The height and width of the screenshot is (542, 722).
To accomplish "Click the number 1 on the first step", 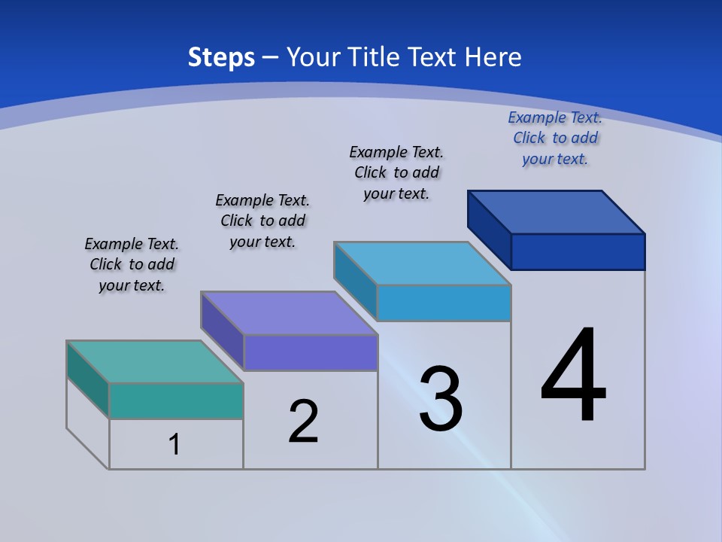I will pyautogui.click(x=174, y=444).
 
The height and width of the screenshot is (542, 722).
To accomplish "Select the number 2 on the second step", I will pyautogui.click(x=303, y=422).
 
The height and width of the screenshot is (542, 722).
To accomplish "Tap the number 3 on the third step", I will pyautogui.click(x=441, y=400).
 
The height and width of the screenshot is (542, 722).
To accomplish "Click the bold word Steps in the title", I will pyautogui.click(x=221, y=57).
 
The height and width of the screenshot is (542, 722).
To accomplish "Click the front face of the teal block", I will pyautogui.click(x=176, y=400).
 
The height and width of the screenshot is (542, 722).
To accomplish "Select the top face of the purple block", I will pyautogui.click(x=290, y=312).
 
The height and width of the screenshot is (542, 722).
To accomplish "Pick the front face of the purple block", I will pyautogui.click(x=310, y=352).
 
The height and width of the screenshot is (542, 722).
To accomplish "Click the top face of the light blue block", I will pyautogui.click(x=423, y=263).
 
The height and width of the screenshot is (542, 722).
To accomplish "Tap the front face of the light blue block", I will pyautogui.click(x=444, y=303).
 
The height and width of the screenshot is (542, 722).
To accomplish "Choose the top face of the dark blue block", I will pyautogui.click(x=557, y=212).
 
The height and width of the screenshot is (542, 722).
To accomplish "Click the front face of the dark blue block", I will pyautogui.click(x=578, y=251).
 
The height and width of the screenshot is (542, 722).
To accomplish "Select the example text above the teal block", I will pyautogui.click(x=132, y=265).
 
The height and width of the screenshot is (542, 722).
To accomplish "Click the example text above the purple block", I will pyautogui.click(x=262, y=221).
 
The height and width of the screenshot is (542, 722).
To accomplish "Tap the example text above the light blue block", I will pyautogui.click(x=396, y=172).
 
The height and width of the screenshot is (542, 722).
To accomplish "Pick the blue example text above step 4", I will pyautogui.click(x=555, y=138).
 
